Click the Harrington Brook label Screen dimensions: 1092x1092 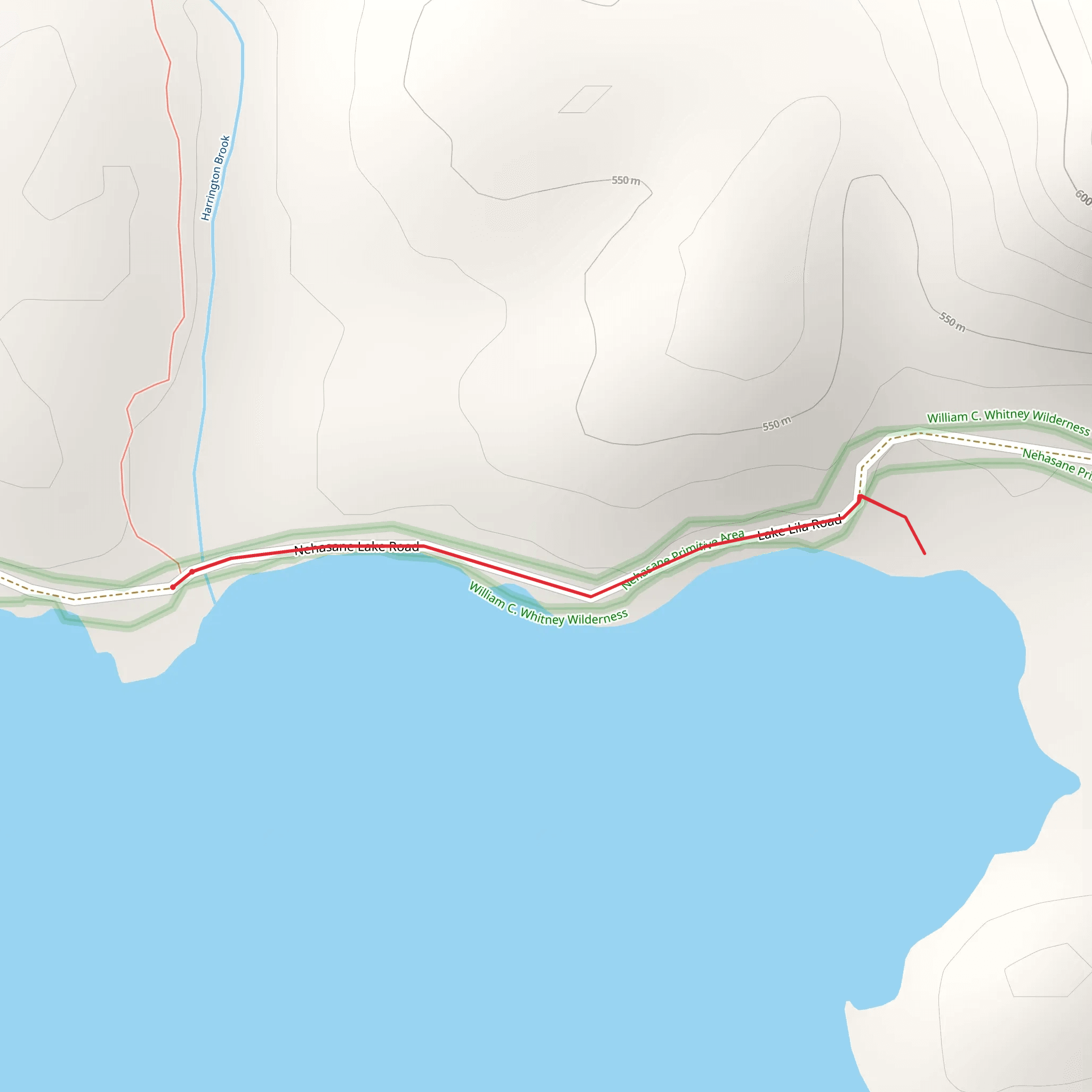216,178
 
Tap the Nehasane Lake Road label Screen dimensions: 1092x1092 357,547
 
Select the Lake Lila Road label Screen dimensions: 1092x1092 799,528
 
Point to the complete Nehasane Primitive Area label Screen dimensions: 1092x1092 683,559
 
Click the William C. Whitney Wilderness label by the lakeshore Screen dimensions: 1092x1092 548,605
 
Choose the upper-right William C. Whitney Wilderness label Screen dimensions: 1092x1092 1008,421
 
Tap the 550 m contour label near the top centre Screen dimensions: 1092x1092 625,181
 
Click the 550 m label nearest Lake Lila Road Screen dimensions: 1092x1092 776,424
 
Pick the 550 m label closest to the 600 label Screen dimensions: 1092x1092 952,322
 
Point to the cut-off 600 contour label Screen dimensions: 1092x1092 1083,197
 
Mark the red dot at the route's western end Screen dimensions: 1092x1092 173,587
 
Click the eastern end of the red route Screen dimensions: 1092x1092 925,553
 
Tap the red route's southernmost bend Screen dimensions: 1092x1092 591,596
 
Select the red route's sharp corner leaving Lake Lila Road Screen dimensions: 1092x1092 860,497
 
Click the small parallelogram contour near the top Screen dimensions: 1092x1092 585,100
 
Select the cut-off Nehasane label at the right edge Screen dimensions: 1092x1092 1056,463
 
